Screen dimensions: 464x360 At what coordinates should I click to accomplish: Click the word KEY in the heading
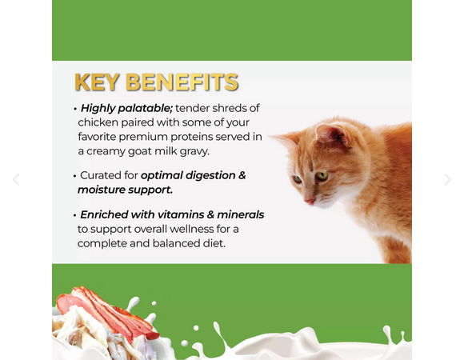pos(97,82)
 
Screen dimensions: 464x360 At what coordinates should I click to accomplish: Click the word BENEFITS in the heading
pos(182,82)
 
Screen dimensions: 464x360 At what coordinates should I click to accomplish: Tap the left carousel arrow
pos(16,179)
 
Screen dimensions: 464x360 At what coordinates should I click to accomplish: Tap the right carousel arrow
pos(448,179)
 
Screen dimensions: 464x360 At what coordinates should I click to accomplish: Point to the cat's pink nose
pos(310,201)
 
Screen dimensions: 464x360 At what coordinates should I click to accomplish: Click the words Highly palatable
pos(126,108)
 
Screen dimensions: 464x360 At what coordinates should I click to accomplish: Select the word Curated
pos(100,175)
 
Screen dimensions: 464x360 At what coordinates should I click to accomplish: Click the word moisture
pos(102,190)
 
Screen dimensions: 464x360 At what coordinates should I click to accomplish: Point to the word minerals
pos(240,214)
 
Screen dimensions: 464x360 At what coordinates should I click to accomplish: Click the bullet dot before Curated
pos(74,176)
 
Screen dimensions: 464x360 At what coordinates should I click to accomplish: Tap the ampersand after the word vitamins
pos(210,214)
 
